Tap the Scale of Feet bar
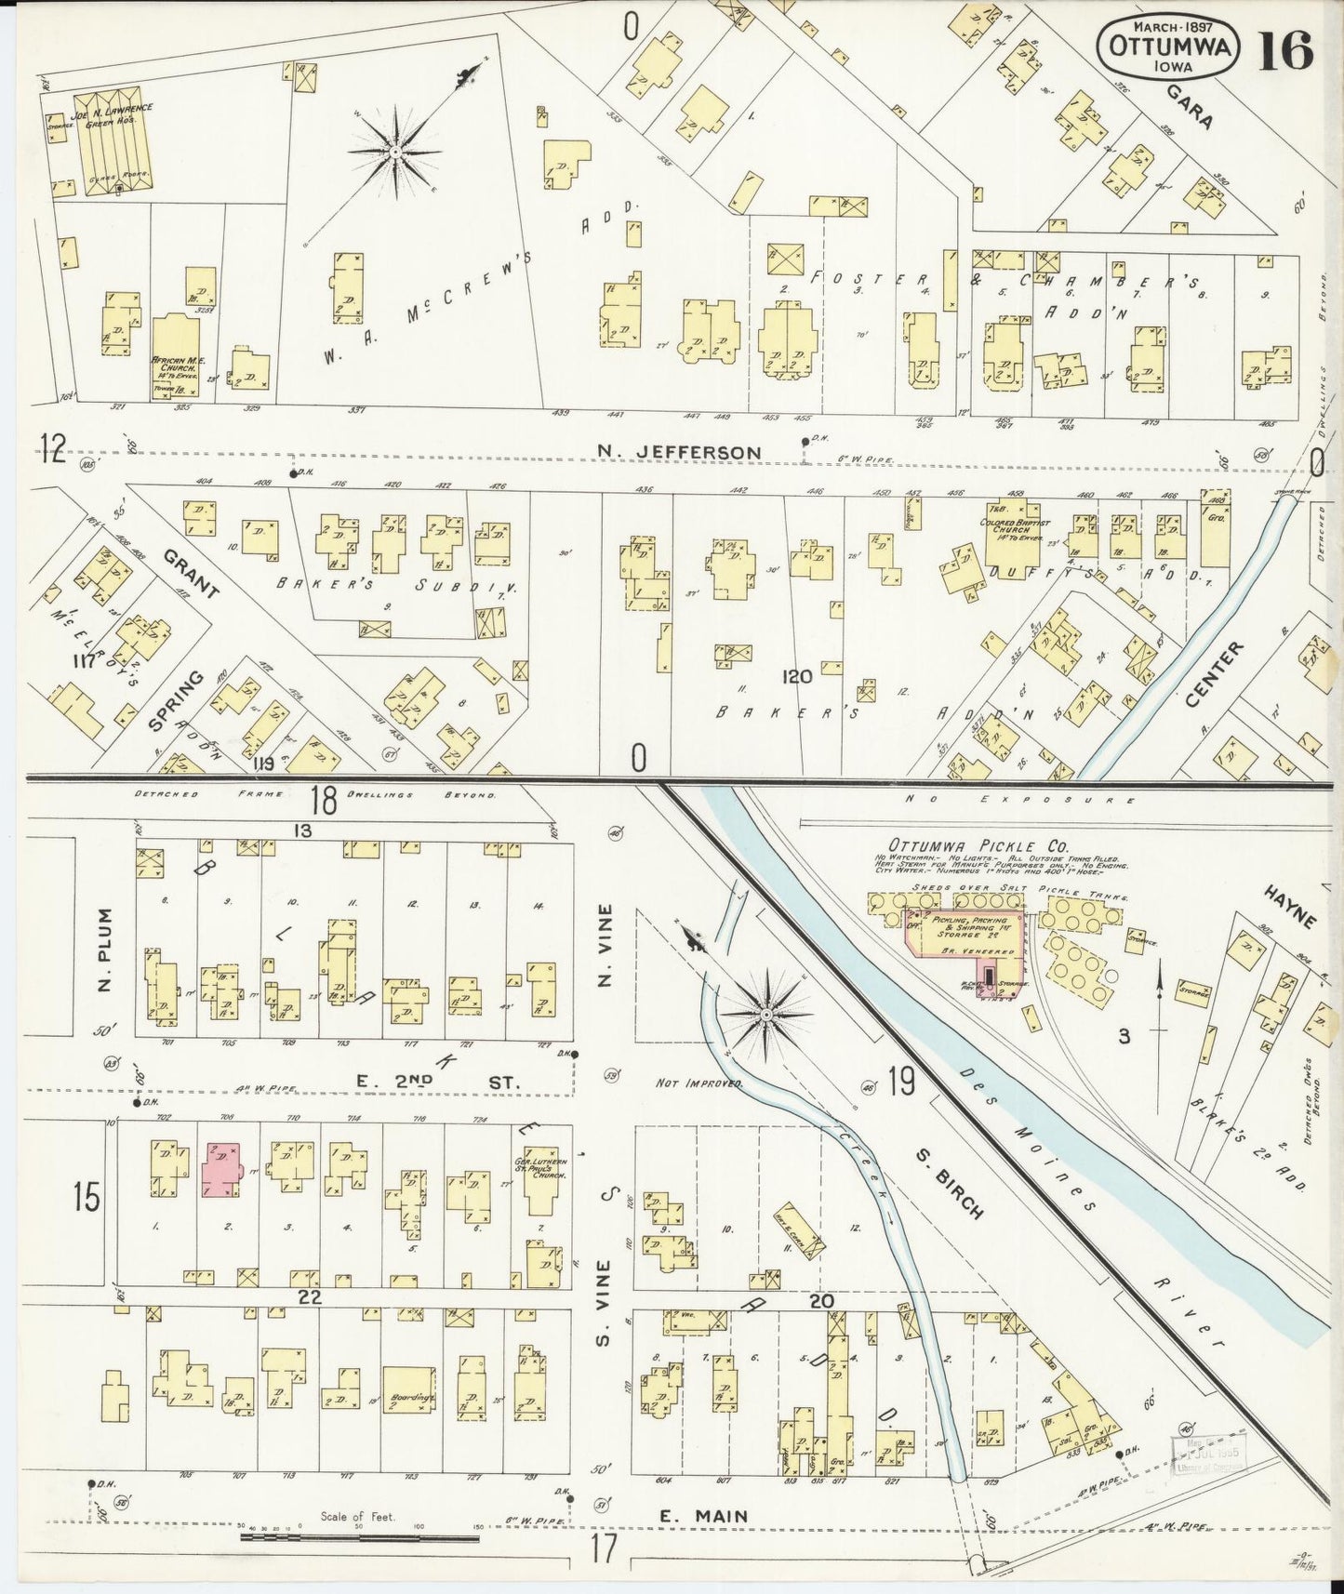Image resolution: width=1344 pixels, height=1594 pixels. [359, 1538]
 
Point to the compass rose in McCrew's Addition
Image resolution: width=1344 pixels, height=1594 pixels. [396, 152]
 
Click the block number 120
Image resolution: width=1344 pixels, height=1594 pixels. [796, 677]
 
